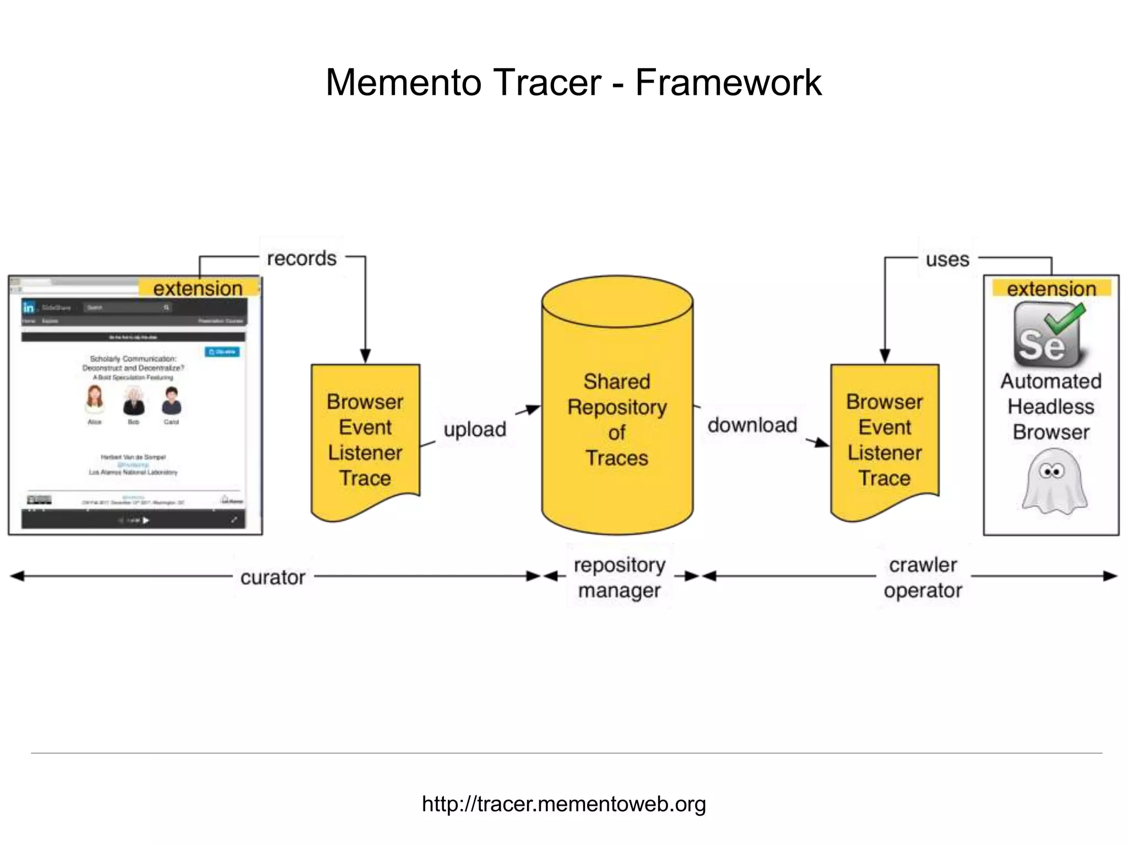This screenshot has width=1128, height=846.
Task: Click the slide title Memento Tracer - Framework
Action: click(x=573, y=83)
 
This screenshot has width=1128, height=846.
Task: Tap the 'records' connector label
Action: click(x=301, y=258)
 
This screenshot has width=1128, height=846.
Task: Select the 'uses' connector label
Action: click(x=947, y=259)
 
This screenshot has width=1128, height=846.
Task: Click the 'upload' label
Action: click(x=475, y=429)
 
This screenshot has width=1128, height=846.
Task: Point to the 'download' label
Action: click(x=752, y=425)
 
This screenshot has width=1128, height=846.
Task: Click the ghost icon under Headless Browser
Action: click(x=1053, y=481)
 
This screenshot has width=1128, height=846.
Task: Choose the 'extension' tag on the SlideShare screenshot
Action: click(x=198, y=288)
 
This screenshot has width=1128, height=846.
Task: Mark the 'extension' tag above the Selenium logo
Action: click(x=1051, y=289)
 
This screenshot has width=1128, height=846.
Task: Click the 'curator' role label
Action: click(x=273, y=577)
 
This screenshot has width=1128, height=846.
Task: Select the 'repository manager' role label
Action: click(x=619, y=577)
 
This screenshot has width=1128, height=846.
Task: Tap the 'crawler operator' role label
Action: click(x=923, y=577)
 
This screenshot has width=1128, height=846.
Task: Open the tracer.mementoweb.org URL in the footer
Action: click(x=563, y=804)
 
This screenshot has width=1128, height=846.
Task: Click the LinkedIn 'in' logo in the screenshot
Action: click(x=29, y=307)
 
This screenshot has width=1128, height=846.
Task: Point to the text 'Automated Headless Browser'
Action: click(x=1051, y=406)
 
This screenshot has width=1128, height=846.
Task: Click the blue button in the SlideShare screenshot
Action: click(x=222, y=351)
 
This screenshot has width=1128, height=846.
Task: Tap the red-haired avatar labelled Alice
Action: click(x=95, y=399)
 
